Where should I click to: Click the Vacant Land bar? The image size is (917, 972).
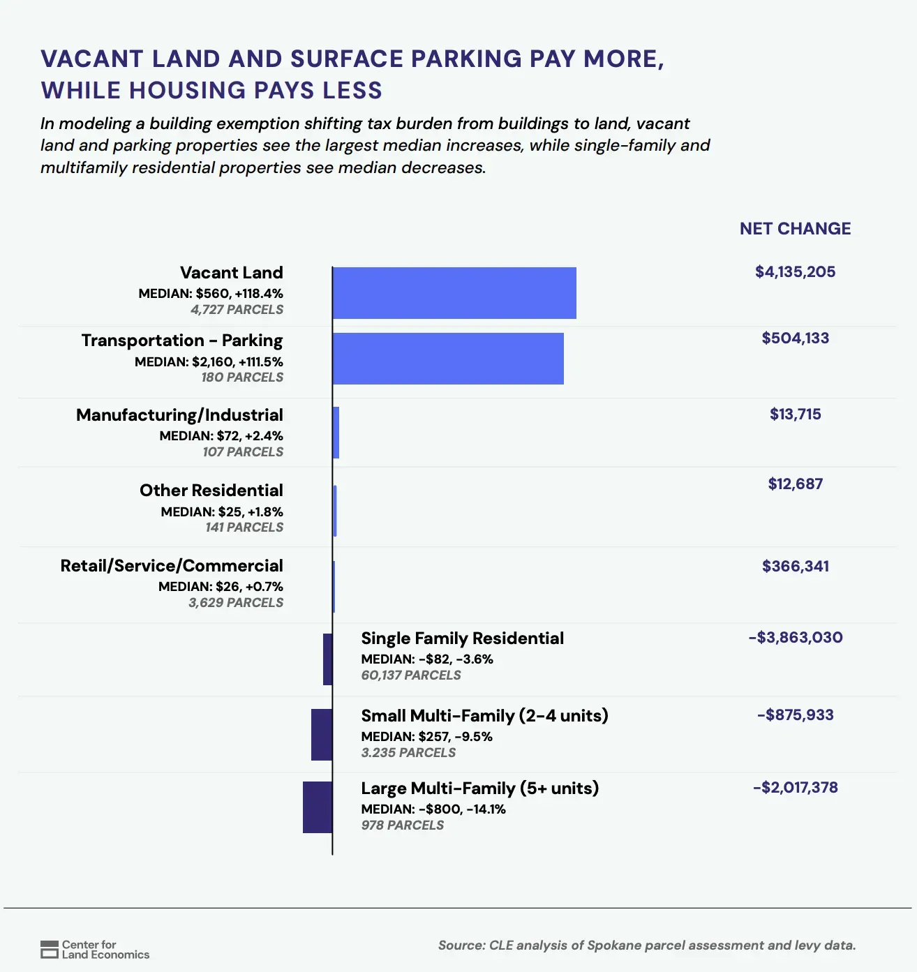click(454, 292)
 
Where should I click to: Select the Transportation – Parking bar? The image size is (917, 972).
click(448, 359)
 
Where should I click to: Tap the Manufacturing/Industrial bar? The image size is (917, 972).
click(336, 433)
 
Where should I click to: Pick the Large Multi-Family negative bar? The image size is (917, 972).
click(318, 807)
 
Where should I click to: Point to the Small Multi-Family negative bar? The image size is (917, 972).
click(322, 735)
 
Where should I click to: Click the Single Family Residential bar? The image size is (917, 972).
click(327, 659)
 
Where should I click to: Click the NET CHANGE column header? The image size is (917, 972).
click(795, 229)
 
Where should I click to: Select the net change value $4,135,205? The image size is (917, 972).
click(795, 271)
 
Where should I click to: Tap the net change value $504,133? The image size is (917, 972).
click(795, 338)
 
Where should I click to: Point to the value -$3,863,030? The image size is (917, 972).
click(795, 637)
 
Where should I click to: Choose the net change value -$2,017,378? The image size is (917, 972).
click(795, 787)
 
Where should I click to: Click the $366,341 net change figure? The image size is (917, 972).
click(795, 566)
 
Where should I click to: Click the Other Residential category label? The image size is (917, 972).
click(211, 490)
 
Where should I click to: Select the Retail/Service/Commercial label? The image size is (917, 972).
click(172, 565)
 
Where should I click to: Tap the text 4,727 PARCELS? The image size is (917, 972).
click(237, 309)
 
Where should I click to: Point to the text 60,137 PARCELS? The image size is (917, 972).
click(411, 675)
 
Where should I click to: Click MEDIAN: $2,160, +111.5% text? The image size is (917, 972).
click(209, 361)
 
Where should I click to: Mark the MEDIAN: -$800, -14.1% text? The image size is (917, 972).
click(433, 809)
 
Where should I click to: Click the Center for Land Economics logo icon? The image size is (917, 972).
click(50, 950)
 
